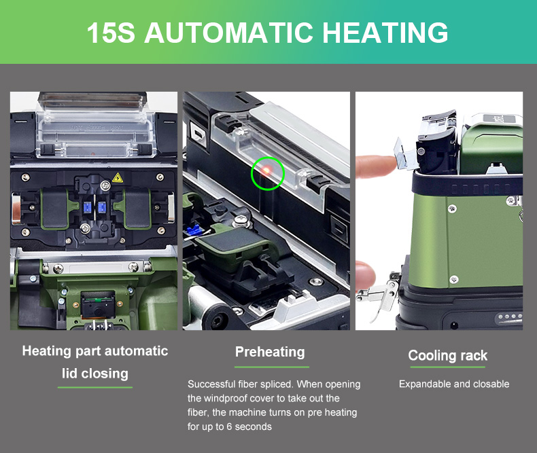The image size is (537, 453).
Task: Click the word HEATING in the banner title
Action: coord(385,33)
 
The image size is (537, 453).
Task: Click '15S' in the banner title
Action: coord(111,33)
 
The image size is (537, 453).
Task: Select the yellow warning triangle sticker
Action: coord(118,178)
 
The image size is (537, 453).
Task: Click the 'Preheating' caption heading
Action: coord(270,352)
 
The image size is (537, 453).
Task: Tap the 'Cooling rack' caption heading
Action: coord(447,355)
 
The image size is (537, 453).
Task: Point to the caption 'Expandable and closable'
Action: coord(453,384)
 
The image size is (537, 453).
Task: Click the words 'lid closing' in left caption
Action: coord(94,373)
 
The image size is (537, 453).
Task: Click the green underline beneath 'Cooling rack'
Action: coord(447,367)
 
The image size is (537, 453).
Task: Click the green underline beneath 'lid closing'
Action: coord(94,387)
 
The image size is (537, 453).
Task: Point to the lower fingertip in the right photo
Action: coord(365,276)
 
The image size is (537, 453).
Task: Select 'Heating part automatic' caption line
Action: coord(94,350)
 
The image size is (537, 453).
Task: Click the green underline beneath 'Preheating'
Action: coord(270,367)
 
